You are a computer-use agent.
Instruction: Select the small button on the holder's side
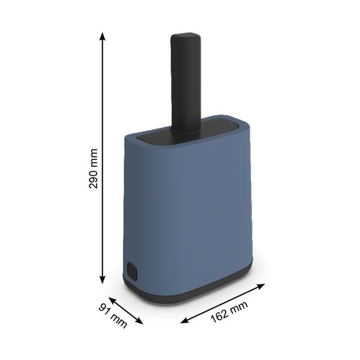131,269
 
